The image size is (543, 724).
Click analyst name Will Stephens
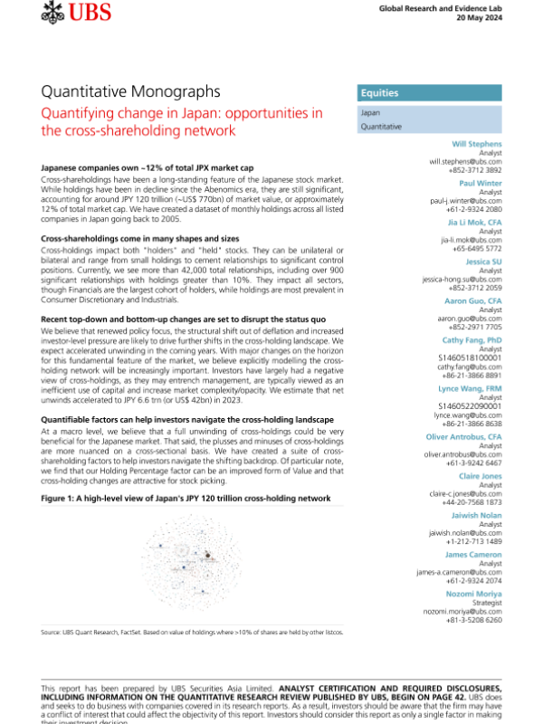pyautogui.click(x=478, y=144)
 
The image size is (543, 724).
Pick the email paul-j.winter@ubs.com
pyautogui.click(x=464, y=201)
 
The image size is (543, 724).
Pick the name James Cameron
pyautogui.click(x=477, y=554)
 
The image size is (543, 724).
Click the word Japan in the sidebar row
pyautogui.click(x=370, y=113)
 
